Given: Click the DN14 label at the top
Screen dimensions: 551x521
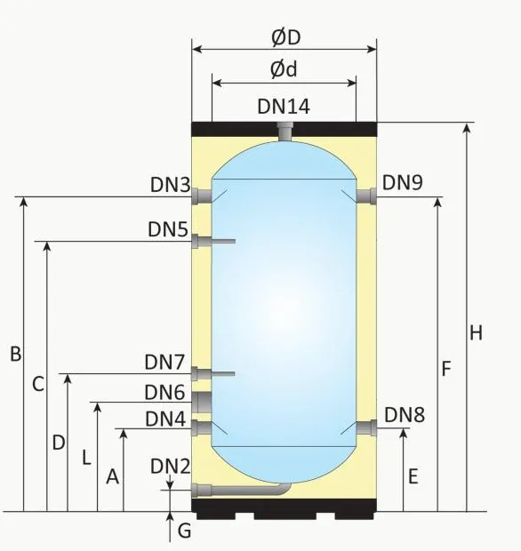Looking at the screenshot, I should pyautogui.click(x=284, y=107).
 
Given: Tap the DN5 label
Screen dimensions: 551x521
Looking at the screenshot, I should pyautogui.click(x=168, y=229).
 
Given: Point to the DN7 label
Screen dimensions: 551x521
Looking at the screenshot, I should pyautogui.click(x=164, y=363).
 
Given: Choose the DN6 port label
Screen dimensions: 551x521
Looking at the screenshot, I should pyautogui.click(x=165, y=392).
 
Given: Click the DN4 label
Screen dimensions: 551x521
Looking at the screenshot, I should pyautogui.click(x=166, y=418).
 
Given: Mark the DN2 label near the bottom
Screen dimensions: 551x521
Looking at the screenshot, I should pyautogui.click(x=170, y=466).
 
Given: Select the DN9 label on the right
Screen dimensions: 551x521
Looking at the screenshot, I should pyautogui.click(x=403, y=182).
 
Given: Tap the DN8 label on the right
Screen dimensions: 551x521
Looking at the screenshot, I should pyautogui.click(x=405, y=415).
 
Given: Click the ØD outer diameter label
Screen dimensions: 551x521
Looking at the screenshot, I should pyautogui.click(x=285, y=37).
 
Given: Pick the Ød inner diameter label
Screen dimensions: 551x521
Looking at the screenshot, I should pyautogui.click(x=285, y=70).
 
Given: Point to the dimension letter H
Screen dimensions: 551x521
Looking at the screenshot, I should pyautogui.click(x=476, y=333).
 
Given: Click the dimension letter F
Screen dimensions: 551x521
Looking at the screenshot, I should pyautogui.click(x=446, y=368).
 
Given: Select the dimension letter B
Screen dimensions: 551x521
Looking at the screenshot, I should pyautogui.click(x=15, y=354).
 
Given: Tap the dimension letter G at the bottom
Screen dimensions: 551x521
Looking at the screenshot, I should pyautogui.click(x=184, y=531).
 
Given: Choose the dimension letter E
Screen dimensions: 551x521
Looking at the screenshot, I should pyautogui.click(x=413, y=476).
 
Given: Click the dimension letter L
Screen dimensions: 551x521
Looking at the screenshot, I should pyautogui.click(x=85, y=459).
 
